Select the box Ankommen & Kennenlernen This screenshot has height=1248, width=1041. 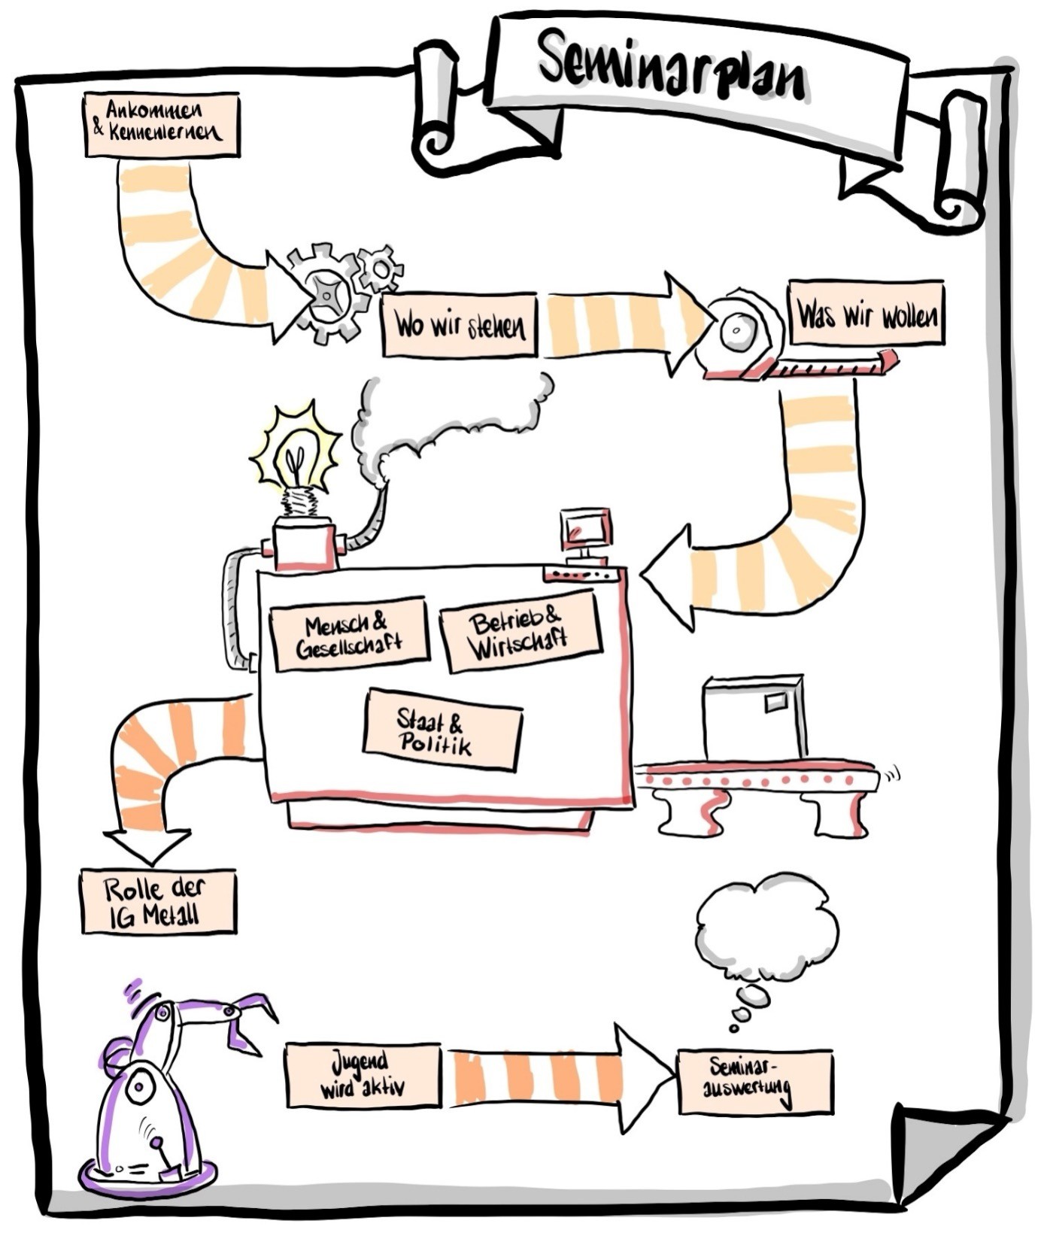[x=162, y=124]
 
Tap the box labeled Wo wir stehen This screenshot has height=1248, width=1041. [x=460, y=325]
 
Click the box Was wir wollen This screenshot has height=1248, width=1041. [x=866, y=313]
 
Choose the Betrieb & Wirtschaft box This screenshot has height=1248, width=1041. [x=520, y=632]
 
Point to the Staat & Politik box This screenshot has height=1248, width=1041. [x=442, y=730]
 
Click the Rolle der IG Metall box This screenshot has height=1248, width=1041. [x=158, y=901]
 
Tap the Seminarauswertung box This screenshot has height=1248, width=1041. [x=755, y=1081]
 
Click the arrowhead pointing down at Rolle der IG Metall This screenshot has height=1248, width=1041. [x=147, y=844]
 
